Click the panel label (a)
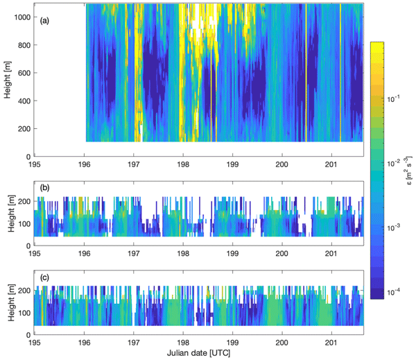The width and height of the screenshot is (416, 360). [x=45, y=21]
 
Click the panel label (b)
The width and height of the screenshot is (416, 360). [x=45, y=187]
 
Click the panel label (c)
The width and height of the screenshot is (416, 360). [x=45, y=277]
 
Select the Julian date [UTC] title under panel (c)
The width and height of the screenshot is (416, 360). [x=199, y=352]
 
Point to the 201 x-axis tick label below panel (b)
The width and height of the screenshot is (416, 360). [x=331, y=253]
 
